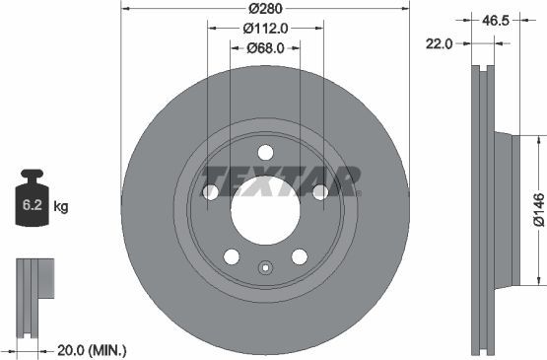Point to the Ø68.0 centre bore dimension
[x=265, y=48]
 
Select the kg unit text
[x=61, y=207]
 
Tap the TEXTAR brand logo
[x=280, y=181]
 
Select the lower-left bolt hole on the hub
[x=232, y=256]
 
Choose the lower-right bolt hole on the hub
[x=299, y=256]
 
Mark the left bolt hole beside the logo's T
[x=210, y=192]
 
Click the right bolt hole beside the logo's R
[x=320, y=192]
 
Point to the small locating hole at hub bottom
[x=265, y=267]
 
